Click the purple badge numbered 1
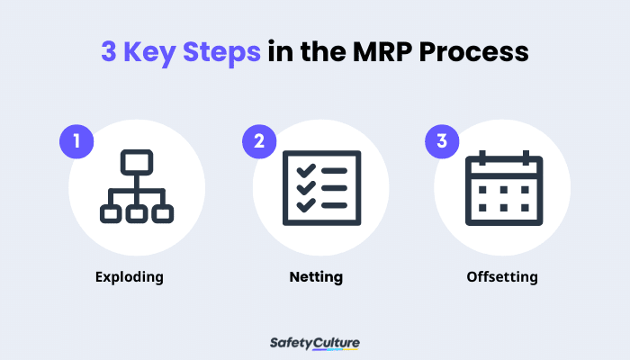76,142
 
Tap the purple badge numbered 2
259,142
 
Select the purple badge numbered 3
442,142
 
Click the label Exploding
130,276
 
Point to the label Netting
315,276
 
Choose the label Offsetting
502,276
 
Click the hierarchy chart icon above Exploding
136,187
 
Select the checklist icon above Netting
315,187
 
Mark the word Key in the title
150,52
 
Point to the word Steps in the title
224,52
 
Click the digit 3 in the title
107,52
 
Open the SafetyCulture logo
315,343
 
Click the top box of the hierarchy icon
136,164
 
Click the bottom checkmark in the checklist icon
301,204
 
